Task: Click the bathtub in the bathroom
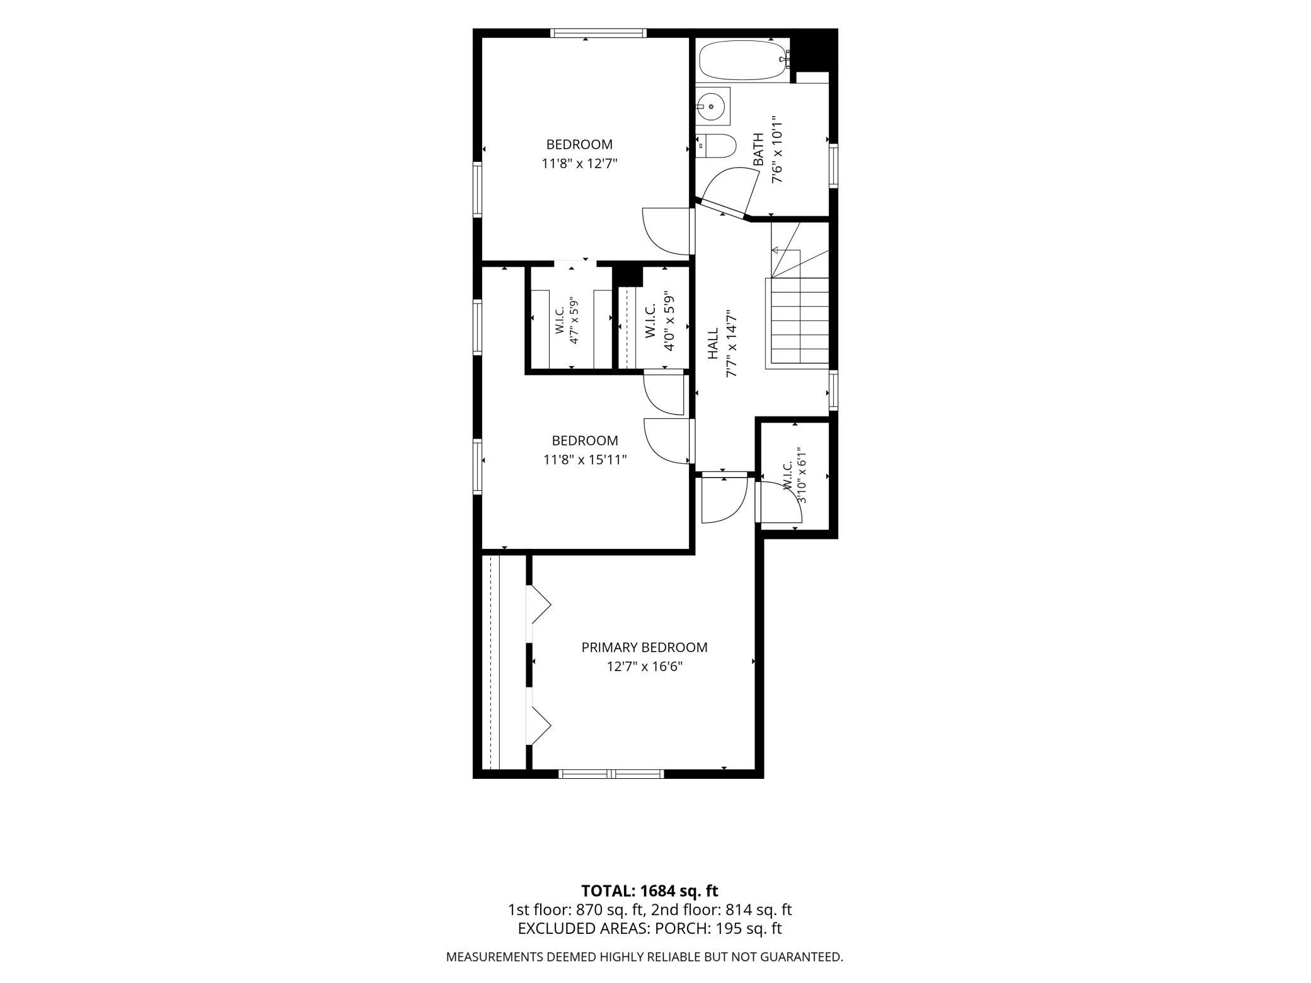click(x=744, y=60)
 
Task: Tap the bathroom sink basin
click(x=712, y=107)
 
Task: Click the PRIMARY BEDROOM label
click(x=644, y=647)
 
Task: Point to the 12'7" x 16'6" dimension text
click(x=644, y=666)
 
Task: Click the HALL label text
click(x=713, y=343)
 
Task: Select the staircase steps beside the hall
click(x=797, y=321)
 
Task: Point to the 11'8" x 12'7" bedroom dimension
click(x=579, y=164)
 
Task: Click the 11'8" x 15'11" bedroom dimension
click(x=585, y=460)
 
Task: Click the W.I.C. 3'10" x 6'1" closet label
click(x=794, y=476)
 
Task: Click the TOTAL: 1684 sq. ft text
click(x=649, y=891)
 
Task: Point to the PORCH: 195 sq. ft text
click(x=719, y=928)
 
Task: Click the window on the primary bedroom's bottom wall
click(x=612, y=774)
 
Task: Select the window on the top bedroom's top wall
click(x=598, y=33)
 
